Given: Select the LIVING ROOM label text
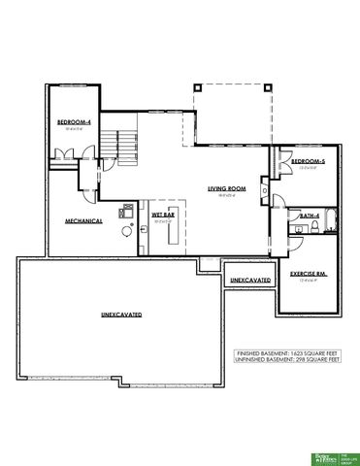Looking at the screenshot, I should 228,188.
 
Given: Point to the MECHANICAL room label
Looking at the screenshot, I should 84,219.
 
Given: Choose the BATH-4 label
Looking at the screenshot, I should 310,215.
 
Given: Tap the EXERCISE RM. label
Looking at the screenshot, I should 308,274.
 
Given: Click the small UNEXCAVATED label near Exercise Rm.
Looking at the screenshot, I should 249,280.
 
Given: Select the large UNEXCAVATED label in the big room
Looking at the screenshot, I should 122,315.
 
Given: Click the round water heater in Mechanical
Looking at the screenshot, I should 126,231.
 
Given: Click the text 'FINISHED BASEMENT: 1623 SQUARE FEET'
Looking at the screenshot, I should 288,352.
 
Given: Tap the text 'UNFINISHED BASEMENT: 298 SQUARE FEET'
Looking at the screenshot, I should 288,359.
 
